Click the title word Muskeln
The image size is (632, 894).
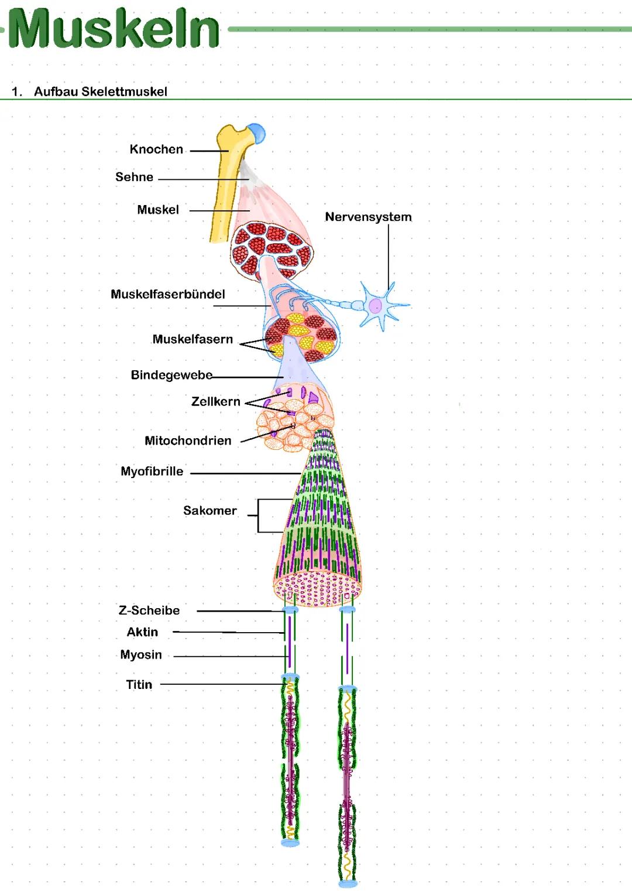coord(114,28)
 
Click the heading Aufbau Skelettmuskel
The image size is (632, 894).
coord(101,92)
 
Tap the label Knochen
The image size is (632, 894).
coord(156,149)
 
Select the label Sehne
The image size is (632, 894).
coord(135,177)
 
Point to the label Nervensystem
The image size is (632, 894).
coord(368,217)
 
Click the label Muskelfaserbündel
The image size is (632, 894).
coord(168,294)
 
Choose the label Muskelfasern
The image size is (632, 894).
coord(193,339)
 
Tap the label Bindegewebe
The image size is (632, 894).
coord(171,375)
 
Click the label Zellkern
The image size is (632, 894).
coord(216,401)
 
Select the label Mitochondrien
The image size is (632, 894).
coord(188,441)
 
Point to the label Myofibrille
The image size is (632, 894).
coord(152,472)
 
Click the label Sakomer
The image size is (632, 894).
coord(209,510)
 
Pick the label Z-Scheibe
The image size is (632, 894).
coord(149,610)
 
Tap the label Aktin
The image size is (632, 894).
coord(142,632)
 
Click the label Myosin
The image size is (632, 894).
coord(141,655)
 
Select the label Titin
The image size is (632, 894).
coord(139,685)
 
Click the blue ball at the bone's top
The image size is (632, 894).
coord(257,133)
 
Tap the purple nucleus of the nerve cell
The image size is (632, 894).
coord(375,306)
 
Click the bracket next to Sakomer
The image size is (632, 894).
coord(259,515)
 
